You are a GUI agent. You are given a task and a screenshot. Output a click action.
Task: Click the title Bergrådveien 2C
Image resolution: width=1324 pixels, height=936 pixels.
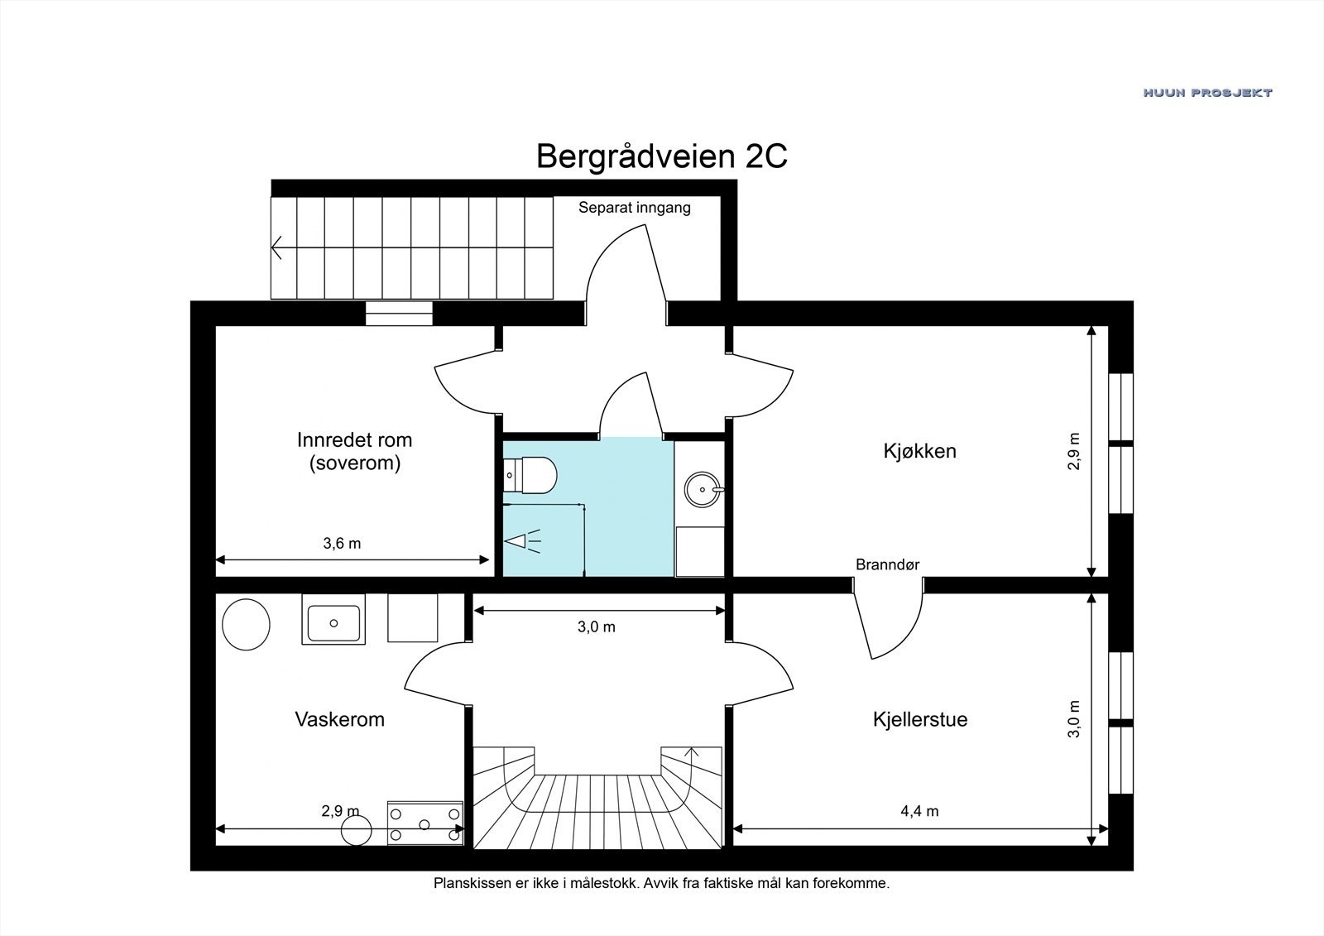[661, 156]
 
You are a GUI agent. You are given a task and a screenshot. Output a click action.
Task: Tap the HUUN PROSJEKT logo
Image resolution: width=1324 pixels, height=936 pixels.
[1207, 93]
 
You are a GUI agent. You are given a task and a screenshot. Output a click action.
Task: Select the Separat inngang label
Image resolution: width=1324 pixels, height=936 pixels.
[634, 208]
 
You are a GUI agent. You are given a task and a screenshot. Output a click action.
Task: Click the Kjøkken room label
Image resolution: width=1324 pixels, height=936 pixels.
[919, 451]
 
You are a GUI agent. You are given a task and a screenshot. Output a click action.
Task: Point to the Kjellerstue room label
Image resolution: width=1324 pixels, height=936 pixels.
[919, 719]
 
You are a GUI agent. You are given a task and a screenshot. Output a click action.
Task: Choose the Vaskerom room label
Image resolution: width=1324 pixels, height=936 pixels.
[339, 719]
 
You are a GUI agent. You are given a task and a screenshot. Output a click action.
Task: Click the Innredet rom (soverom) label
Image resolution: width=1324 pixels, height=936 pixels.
[354, 451]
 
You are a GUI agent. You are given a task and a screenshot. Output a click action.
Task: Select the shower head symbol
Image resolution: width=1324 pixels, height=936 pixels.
[523, 541]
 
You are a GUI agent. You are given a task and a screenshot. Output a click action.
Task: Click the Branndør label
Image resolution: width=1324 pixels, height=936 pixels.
[887, 565]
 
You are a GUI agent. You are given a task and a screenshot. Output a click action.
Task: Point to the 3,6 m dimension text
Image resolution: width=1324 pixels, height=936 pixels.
[342, 544]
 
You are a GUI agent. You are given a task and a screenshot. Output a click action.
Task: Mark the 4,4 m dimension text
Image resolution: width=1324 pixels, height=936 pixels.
[919, 811]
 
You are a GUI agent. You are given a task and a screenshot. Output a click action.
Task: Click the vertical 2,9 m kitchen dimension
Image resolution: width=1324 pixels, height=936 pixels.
[1074, 451]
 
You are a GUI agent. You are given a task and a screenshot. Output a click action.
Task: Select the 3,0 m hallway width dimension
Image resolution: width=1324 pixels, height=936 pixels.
[596, 627]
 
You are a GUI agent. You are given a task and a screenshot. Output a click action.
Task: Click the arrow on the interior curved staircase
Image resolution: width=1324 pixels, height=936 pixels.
[692, 753]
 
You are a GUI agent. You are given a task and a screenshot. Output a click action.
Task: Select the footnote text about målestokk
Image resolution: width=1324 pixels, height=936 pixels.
[661, 883]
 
